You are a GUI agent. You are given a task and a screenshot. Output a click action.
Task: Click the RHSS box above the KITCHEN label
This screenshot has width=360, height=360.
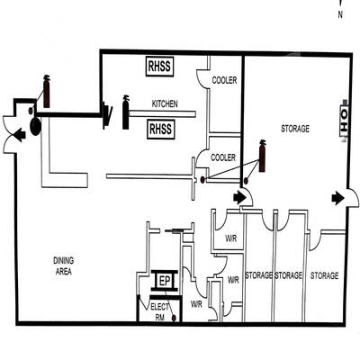point(160,67)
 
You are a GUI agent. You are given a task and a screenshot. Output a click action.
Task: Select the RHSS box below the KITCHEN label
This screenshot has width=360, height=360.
point(161,129)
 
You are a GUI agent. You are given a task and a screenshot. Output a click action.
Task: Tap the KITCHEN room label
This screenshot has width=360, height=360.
point(165,104)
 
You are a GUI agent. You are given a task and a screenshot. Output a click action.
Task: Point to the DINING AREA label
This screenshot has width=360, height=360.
point(64,266)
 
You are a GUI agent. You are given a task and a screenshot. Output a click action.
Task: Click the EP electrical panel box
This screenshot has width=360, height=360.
point(165,281)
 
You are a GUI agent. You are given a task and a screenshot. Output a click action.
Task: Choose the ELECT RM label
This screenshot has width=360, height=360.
point(160,312)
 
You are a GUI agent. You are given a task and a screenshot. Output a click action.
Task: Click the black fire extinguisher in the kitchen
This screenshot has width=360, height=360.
point(126,112)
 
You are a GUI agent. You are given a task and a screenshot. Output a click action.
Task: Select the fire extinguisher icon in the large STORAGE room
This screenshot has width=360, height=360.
point(262,156)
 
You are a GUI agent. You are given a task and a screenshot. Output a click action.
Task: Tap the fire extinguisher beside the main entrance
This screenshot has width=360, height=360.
point(47,91)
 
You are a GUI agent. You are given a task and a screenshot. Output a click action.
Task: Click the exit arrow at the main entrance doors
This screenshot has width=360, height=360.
point(21,135)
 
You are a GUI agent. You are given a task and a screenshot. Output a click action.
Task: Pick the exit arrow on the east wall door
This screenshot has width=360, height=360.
point(337,198)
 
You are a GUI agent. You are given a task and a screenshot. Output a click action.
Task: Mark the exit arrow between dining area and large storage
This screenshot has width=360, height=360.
point(239,198)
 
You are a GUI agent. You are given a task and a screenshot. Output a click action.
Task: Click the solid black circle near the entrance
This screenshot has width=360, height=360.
point(35,126)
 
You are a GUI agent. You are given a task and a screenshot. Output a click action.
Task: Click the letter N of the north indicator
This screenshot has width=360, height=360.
point(340,14)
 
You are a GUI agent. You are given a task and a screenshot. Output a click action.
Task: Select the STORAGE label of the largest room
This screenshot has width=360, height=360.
point(295,129)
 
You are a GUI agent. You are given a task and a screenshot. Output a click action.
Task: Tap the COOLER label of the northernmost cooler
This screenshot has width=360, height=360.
point(224,80)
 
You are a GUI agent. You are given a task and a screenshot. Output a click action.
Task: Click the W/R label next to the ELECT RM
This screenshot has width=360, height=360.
point(196,304)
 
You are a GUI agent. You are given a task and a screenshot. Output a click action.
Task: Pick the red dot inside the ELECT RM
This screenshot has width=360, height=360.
point(174,318)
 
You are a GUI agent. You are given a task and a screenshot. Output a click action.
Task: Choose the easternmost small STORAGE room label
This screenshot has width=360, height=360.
point(324,275)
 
